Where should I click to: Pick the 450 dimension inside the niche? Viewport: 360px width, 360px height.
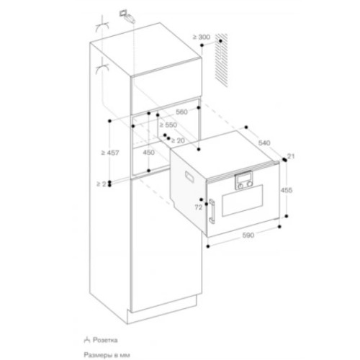tap(148, 153)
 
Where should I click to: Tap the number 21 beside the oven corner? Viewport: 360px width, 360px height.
tap(292, 156)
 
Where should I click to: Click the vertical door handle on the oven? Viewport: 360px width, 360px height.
tap(213, 213)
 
